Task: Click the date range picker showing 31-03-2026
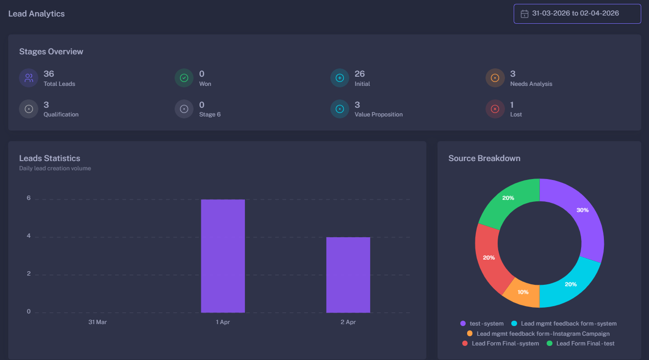click(577, 14)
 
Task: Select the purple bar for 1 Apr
click(223, 256)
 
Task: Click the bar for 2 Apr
click(348, 275)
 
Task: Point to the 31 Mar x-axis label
click(97, 322)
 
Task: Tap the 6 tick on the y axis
click(29, 198)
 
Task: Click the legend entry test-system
click(482, 324)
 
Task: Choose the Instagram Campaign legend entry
click(538, 334)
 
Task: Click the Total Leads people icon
click(29, 78)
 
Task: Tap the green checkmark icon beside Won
click(184, 78)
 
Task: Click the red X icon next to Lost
click(495, 109)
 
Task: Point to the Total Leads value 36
click(49, 74)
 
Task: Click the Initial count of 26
click(359, 74)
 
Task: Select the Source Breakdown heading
click(484, 158)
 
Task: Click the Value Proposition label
click(378, 115)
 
